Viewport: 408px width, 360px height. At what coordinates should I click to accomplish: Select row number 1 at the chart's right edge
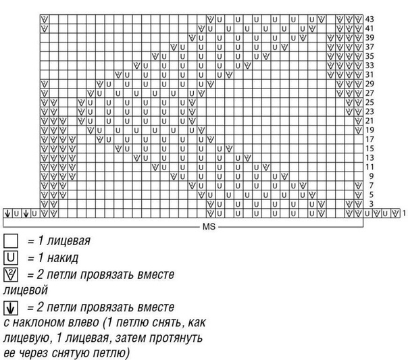pyautogui.click(x=403, y=213)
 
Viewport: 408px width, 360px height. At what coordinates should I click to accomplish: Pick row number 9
pyautogui.click(x=370, y=176)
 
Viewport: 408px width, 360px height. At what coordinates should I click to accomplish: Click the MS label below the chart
pyautogui.click(x=207, y=226)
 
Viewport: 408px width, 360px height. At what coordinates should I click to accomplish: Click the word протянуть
pyautogui.click(x=170, y=336)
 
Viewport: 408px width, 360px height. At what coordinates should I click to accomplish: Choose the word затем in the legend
pyautogui.click(x=124, y=336)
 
